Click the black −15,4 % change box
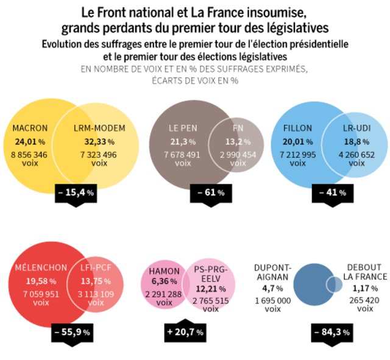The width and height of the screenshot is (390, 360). (76, 192)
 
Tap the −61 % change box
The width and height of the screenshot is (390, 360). (211, 192)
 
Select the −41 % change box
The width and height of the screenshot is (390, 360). (333, 192)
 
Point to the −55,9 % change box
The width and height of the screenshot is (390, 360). (72, 332)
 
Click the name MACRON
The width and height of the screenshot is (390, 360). (30, 129)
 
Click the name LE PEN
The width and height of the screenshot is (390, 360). (182, 129)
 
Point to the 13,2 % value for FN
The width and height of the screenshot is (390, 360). (237, 141)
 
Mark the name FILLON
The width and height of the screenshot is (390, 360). (298, 129)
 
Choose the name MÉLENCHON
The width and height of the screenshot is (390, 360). (40, 267)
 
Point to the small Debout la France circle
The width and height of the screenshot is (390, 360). (333, 284)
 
